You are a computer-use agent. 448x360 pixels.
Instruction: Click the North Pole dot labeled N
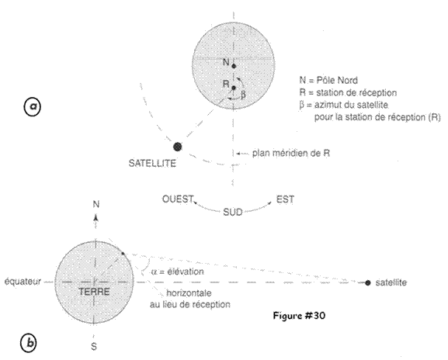(x=234, y=66)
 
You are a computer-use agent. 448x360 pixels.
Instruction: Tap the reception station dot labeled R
(x=234, y=88)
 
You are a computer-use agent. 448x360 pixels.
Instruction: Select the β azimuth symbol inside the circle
(x=243, y=95)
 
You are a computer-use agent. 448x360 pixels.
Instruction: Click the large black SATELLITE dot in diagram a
(x=178, y=147)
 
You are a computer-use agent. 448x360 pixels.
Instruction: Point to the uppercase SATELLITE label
(x=152, y=163)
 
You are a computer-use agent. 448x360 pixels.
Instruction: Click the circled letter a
(x=32, y=106)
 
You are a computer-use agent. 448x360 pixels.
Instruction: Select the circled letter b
(x=29, y=343)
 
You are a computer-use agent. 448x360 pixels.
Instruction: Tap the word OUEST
(x=178, y=199)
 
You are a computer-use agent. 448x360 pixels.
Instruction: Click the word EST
(x=285, y=199)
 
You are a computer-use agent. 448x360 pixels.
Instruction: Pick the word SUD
(x=233, y=212)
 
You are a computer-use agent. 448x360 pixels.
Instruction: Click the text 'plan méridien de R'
(x=291, y=154)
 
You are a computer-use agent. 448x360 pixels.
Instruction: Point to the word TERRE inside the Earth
(x=94, y=292)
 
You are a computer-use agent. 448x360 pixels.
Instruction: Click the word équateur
(x=23, y=282)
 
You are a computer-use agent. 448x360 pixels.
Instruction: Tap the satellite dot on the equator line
(x=368, y=283)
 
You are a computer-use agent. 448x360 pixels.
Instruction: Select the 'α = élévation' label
(x=178, y=272)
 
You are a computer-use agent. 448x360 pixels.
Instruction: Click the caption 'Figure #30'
(x=299, y=316)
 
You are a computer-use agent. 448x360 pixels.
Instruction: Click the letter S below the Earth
(x=94, y=347)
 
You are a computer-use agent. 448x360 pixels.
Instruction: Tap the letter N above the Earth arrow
(x=96, y=204)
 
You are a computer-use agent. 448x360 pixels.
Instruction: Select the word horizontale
(x=189, y=293)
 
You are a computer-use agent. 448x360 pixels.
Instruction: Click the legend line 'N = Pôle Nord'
(x=328, y=81)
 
